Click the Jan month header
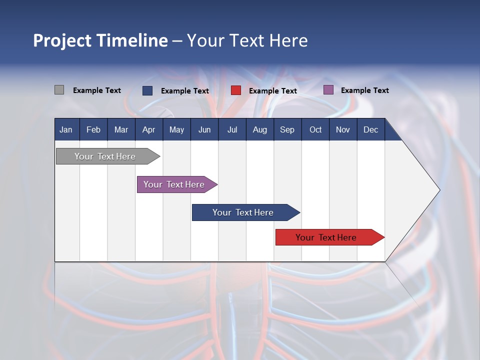coord(66,129)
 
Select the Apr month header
coord(148,129)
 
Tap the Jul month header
coord(232,129)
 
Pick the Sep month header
coord(287,129)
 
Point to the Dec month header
coord(370,129)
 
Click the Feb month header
coord(93,129)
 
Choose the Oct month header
coord(315,129)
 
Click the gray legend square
coord(59,90)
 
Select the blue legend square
coord(147,90)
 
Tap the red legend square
coord(236,90)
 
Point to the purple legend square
coord(328,90)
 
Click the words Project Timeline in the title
coord(100,40)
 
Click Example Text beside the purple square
coord(364,90)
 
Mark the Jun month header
coord(204,129)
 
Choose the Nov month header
coord(342,129)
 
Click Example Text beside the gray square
coord(97,90)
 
